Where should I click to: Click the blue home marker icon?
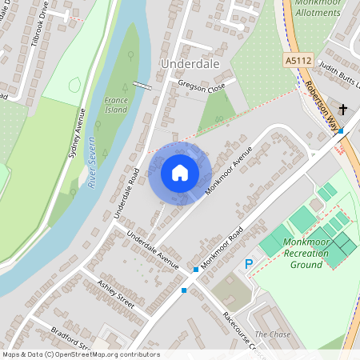point(180,173)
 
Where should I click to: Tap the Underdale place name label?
point(189,62)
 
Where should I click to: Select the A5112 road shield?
point(297,60)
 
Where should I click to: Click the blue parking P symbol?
point(249,264)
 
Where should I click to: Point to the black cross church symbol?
point(343,109)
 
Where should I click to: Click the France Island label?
point(116,105)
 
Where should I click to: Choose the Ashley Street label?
point(115,294)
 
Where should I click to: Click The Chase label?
point(273,334)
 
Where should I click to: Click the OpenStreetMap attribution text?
point(81,354)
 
